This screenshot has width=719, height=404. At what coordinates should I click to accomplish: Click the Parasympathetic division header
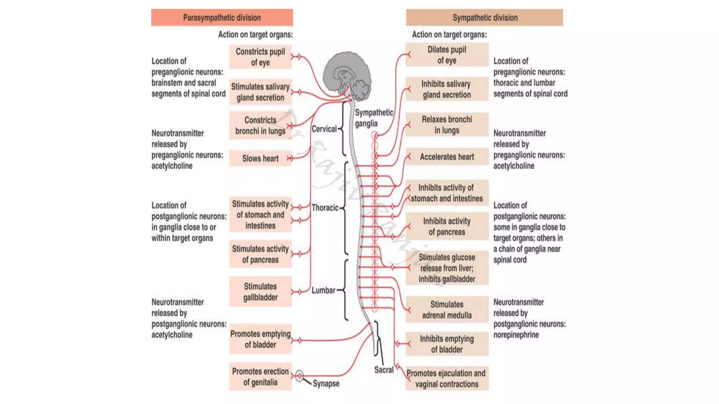point(222,18)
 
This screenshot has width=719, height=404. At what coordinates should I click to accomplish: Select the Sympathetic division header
point(484,18)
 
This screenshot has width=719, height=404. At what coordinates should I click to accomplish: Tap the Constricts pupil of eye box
point(260,57)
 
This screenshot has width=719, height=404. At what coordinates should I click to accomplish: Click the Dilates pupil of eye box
point(447,55)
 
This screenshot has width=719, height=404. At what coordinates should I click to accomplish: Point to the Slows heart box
point(260,159)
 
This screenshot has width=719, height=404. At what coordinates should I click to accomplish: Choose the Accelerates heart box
point(447,157)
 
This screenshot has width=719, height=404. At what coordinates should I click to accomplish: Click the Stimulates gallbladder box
point(260,292)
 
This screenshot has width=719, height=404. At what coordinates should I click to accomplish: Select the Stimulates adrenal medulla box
point(447,310)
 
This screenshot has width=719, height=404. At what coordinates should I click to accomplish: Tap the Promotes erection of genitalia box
point(260,377)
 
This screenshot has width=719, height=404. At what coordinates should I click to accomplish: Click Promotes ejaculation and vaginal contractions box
point(447,379)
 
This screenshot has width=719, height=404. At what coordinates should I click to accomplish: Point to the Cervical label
point(324,129)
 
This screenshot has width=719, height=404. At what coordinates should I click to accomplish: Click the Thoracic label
point(325,208)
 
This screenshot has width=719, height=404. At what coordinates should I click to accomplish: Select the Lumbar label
point(323,290)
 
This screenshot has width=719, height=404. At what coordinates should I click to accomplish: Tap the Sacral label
point(384,370)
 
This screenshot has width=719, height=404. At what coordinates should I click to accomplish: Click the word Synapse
point(326,384)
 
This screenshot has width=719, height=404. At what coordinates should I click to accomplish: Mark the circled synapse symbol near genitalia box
point(299,376)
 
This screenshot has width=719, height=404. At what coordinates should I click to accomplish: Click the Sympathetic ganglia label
point(374,118)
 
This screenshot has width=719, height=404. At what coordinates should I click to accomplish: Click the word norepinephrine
point(516,335)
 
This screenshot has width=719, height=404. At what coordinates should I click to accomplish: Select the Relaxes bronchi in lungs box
point(447,124)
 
